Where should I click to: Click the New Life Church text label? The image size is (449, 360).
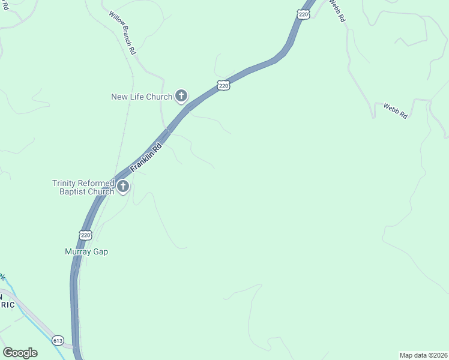point(142,96)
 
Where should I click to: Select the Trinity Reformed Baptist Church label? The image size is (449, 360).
point(83,187)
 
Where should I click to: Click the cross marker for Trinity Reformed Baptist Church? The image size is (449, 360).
point(123,187)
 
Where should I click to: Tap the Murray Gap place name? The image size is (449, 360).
point(86,251)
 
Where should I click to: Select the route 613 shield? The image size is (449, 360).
point(58,340)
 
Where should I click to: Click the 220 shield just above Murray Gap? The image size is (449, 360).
point(85,235)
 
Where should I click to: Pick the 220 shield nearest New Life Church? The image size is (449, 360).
point(223,86)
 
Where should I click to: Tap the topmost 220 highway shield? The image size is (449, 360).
point(304,14)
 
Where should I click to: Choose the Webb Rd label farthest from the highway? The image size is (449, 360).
point(396,111)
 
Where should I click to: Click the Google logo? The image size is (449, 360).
point(20,353)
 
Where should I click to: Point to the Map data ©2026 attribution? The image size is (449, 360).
point(423,355)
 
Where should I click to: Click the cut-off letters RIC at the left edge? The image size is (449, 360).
point(7,304)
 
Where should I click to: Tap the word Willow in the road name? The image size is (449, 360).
point(116,22)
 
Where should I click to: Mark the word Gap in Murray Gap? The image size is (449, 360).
point(100,251)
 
